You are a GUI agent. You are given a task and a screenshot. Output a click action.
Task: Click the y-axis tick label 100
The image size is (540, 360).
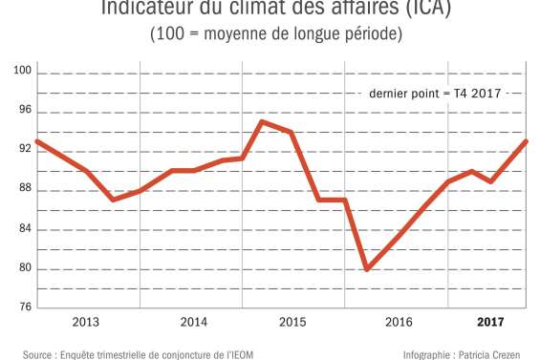pyautogui.click(x=22, y=72)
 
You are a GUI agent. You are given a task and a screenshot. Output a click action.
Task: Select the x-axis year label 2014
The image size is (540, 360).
pyautogui.click(x=194, y=322)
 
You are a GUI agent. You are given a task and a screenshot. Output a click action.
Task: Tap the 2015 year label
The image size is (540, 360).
pyautogui.click(x=292, y=322)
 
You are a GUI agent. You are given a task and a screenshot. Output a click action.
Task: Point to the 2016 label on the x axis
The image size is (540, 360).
pyautogui.click(x=399, y=322)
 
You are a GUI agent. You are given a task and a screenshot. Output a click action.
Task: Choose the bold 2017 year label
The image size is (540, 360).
pyautogui.click(x=489, y=322)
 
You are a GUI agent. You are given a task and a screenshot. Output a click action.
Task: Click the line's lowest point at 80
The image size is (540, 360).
pyautogui.click(x=367, y=269)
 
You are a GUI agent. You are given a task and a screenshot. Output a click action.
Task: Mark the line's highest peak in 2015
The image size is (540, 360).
pyautogui.click(x=262, y=121)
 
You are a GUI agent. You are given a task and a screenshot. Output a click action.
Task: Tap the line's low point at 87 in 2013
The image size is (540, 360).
pyautogui.click(x=113, y=200)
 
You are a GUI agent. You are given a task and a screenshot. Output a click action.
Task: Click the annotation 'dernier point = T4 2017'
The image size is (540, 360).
pyautogui.click(x=435, y=94)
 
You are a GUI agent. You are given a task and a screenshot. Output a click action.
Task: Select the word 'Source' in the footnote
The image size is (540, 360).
pyautogui.click(x=37, y=352)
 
